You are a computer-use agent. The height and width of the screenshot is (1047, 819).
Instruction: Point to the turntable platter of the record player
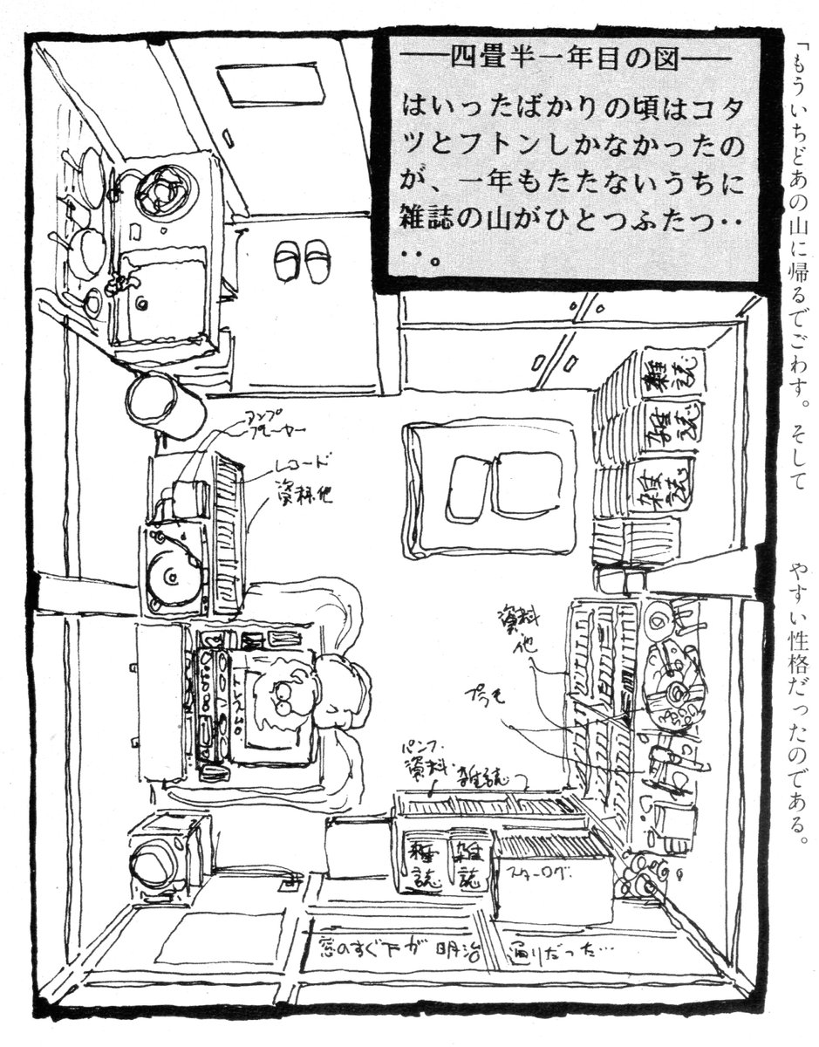pyautogui.click(x=171, y=574)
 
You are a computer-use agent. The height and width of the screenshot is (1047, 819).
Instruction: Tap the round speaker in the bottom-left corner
pyautogui.click(x=157, y=859)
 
